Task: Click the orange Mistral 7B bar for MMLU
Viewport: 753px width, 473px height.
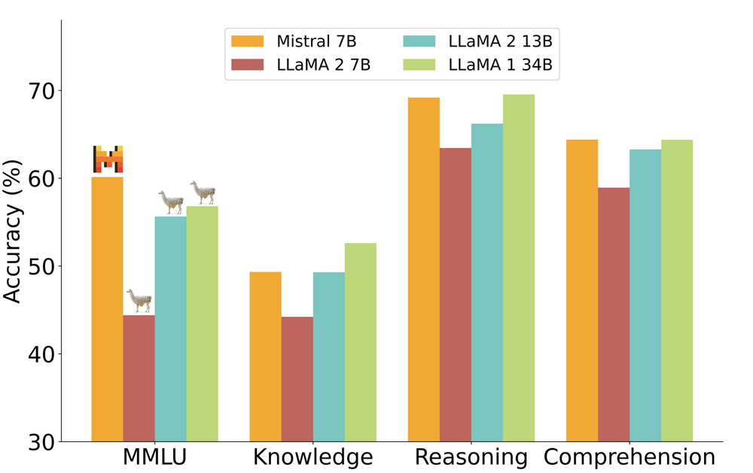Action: (107, 308)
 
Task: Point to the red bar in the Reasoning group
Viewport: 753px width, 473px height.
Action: (456, 294)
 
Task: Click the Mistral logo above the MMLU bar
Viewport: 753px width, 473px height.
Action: (108, 159)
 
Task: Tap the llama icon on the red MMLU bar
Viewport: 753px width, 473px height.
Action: (139, 301)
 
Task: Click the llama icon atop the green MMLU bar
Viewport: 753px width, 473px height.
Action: (203, 193)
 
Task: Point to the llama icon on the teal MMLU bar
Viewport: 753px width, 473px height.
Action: (171, 202)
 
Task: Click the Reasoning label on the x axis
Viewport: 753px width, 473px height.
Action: (471, 457)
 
